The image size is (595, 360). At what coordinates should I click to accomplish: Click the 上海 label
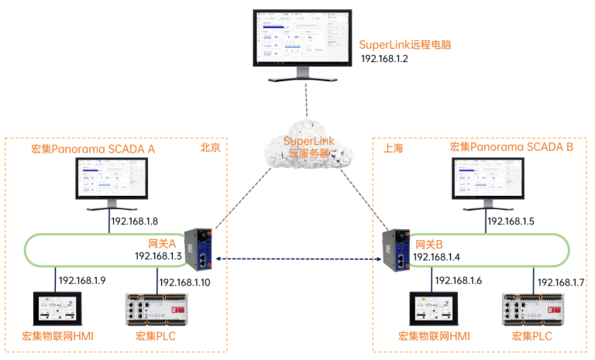(x=394, y=147)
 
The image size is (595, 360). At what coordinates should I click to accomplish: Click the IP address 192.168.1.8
(x=140, y=221)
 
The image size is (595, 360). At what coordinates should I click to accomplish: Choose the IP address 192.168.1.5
(x=514, y=221)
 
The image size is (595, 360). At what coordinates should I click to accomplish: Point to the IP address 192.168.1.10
(x=184, y=283)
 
